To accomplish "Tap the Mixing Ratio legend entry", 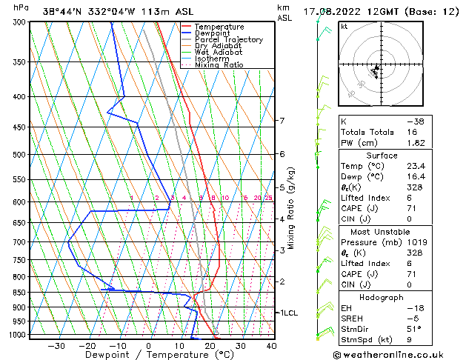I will coord(219,65).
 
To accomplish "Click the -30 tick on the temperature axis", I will coord(56,345).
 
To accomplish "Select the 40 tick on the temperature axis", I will coord(271,345).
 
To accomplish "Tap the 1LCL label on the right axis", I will coord(287,313).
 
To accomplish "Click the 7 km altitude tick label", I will coord(282,121).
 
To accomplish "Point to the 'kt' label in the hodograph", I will coord(344,26).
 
